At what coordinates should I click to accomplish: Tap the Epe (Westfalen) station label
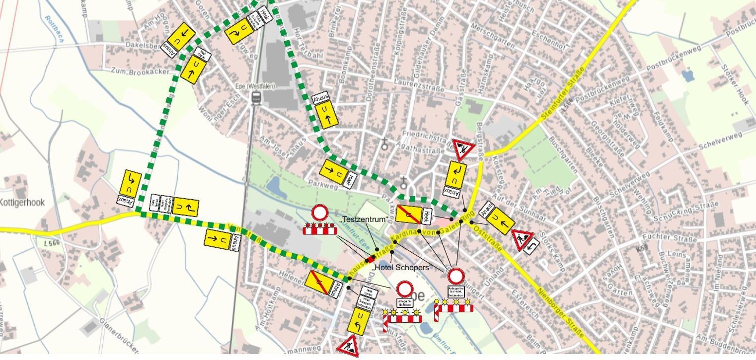255,85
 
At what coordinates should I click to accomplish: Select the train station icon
256,97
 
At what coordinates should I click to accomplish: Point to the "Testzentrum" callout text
356,220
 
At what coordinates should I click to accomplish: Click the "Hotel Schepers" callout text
401,267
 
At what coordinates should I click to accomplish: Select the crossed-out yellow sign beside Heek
408,215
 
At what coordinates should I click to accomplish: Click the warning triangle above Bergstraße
463,148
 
